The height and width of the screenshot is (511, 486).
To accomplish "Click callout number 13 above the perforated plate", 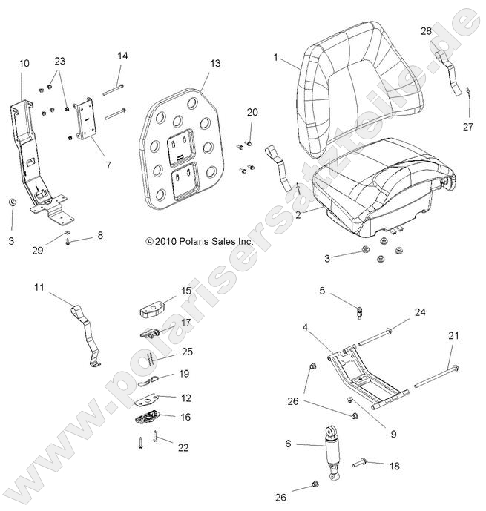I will [x=215, y=64].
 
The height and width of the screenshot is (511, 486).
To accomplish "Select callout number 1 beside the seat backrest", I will [x=276, y=57].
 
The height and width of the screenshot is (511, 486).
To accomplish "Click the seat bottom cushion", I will [x=364, y=185].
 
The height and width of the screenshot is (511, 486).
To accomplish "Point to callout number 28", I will [x=426, y=30].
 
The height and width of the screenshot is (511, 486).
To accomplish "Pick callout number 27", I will [x=467, y=127].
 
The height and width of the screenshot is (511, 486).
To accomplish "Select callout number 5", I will [x=302, y=291].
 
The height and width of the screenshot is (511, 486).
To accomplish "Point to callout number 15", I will [x=186, y=291].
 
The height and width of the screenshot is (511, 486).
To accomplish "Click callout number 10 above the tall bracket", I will [x=24, y=64].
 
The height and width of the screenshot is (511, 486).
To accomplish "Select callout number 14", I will [x=122, y=56].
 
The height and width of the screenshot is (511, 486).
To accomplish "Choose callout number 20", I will [x=252, y=112].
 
